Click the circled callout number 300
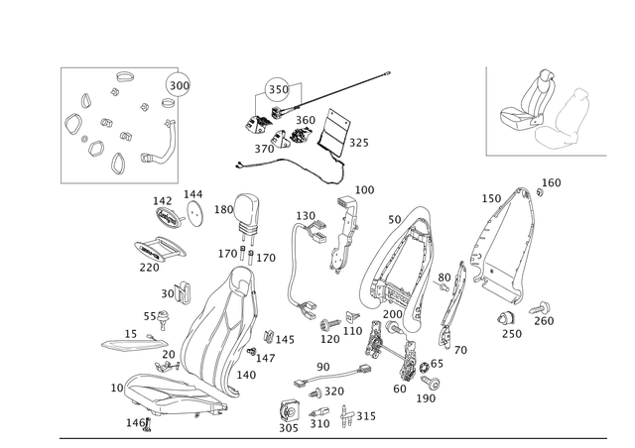(x=179, y=85)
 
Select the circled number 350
(x=278, y=89)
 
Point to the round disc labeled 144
(x=196, y=213)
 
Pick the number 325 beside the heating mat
(x=359, y=143)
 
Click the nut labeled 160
(x=540, y=192)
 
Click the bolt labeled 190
(x=430, y=382)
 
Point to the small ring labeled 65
(x=424, y=368)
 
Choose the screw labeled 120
(x=330, y=324)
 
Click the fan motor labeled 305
(x=290, y=411)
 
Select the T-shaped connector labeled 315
(x=346, y=416)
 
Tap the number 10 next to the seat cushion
(x=117, y=388)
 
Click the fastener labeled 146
(x=148, y=425)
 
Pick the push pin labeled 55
(x=163, y=319)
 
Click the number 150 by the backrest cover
(x=491, y=198)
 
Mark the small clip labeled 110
(x=351, y=316)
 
